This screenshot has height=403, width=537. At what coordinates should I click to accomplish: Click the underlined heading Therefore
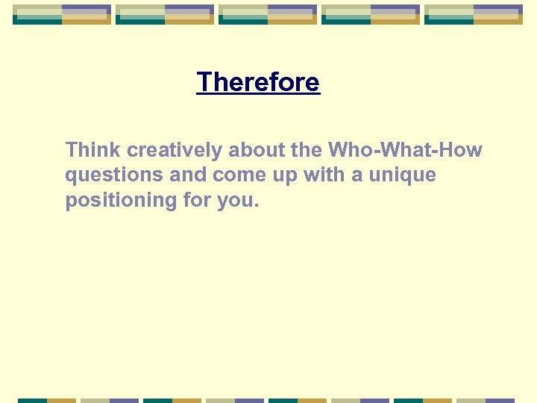click(258, 82)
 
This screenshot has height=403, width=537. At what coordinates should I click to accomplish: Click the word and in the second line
click(188, 176)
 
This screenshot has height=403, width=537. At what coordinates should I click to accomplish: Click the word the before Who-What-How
click(307, 150)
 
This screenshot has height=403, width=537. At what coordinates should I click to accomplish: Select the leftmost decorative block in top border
click(62, 14)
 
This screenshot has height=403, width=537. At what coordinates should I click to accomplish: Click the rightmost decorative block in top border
click(474, 14)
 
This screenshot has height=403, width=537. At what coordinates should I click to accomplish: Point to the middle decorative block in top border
click(268, 14)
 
